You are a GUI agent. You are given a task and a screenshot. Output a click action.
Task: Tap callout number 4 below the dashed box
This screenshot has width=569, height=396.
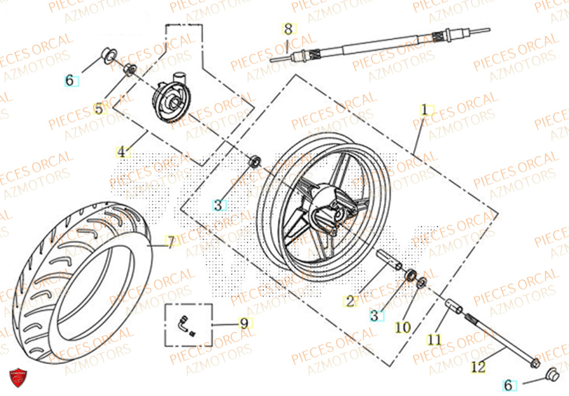(x=121, y=152)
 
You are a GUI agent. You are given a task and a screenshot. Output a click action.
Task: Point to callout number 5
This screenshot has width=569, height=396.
(x=99, y=108)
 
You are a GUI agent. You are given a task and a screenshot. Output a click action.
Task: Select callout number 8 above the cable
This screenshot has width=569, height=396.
(x=288, y=28)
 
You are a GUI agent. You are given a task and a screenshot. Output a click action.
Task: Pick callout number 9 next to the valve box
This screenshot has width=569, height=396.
(x=244, y=324)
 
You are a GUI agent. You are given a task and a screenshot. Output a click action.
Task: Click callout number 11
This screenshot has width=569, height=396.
(x=435, y=340)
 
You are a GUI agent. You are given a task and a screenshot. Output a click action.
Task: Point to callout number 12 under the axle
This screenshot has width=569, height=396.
(x=479, y=367)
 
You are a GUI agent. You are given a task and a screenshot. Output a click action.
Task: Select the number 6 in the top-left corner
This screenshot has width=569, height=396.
(x=69, y=80)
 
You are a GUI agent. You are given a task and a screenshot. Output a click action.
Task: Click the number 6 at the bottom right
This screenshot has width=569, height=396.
(x=508, y=385)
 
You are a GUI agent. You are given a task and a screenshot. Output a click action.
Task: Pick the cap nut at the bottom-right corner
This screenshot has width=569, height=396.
(x=551, y=374)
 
